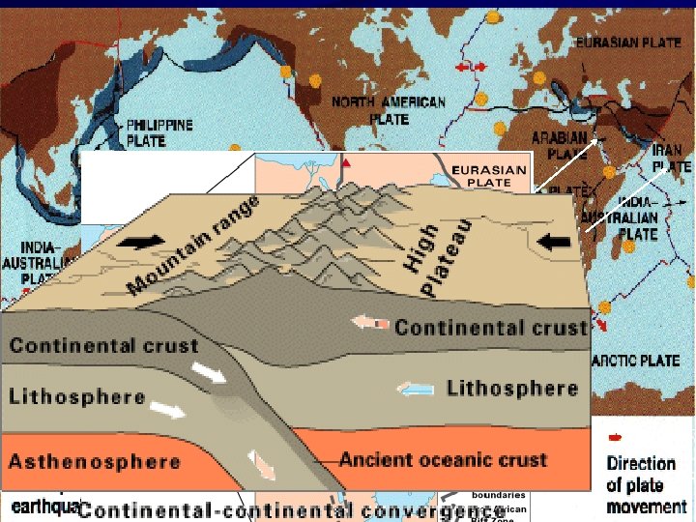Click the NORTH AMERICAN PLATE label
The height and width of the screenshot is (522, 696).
click(389, 110)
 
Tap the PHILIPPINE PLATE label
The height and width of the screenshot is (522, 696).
click(160, 133)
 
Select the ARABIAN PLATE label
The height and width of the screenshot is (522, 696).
click(559, 146)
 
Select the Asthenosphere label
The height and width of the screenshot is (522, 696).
click(95, 461)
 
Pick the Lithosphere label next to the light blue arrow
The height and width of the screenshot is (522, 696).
click(512, 389)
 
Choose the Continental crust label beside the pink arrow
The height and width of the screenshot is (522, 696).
click(491, 327)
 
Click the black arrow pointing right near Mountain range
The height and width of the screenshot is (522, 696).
click(134, 242)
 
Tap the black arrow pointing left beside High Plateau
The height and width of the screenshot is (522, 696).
click(554, 242)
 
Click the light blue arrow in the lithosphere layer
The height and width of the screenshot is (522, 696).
click(416, 390)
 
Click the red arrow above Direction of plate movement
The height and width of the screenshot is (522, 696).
click(615, 437)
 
